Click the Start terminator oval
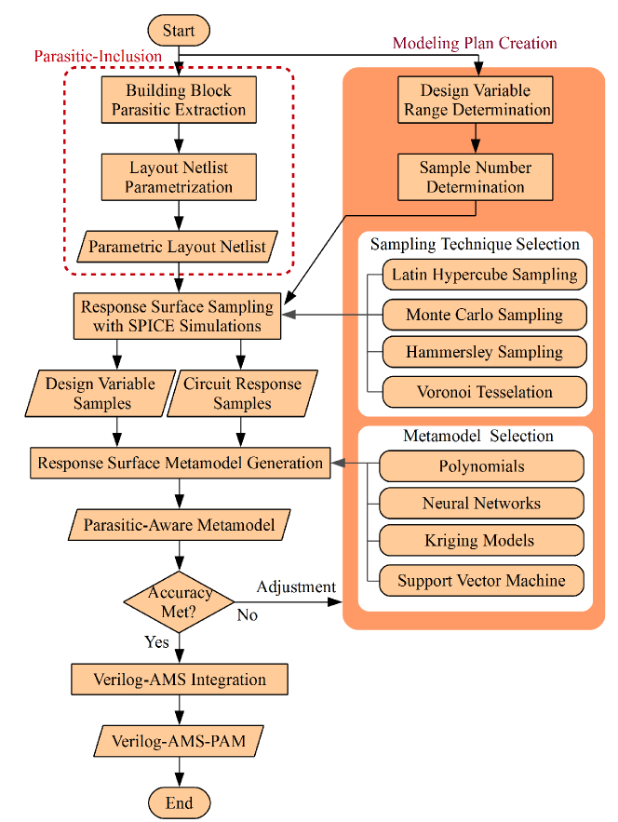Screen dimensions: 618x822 (x=179, y=31)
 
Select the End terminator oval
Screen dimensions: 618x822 (x=180, y=802)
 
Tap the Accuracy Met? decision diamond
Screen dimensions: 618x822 (x=179, y=601)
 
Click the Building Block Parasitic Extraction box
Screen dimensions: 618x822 (x=179, y=101)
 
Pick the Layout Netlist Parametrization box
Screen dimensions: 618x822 (x=179, y=177)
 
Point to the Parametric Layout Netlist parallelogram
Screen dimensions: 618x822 (x=177, y=247)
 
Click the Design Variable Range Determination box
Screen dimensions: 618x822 (x=476, y=101)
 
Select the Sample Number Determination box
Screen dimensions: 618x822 (x=476, y=177)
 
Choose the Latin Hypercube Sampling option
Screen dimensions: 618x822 (x=484, y=275)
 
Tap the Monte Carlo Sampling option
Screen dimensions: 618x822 (x=484, y=315)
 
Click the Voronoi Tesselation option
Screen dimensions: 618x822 (x=484, y=392)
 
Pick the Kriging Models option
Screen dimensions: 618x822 (x=481, y=541)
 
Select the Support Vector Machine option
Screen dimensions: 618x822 (x=481, y=580)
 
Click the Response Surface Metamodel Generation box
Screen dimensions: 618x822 (x=181, y=463)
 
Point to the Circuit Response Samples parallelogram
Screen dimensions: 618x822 (x=242, y=394)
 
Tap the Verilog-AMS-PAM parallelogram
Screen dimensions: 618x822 (x=179, y=741)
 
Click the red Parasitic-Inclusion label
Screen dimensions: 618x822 (x=98, y=56)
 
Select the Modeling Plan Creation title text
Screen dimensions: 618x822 (x=475, y=43)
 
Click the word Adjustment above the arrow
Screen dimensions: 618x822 (x=296, y=587)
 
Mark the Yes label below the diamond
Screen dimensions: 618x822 (x=156, y=642)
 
